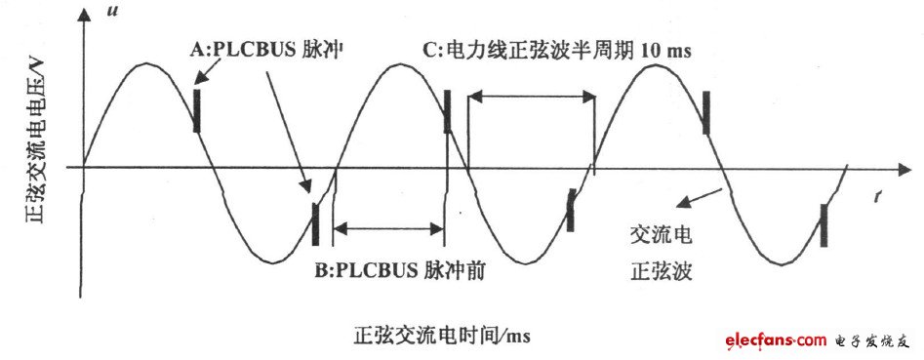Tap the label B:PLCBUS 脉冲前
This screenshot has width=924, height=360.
(x=400, y=274)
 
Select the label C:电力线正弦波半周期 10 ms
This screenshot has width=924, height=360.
(x=557, y=50)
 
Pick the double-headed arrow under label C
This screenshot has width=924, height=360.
(x=532, y=95)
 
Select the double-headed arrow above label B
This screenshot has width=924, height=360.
(x=387, y=229)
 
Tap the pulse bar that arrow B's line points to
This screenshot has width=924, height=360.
(x=315, y=223)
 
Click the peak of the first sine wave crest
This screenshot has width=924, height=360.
(x=146, y=64)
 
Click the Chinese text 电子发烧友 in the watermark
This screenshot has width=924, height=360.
(x=872, y=340)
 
